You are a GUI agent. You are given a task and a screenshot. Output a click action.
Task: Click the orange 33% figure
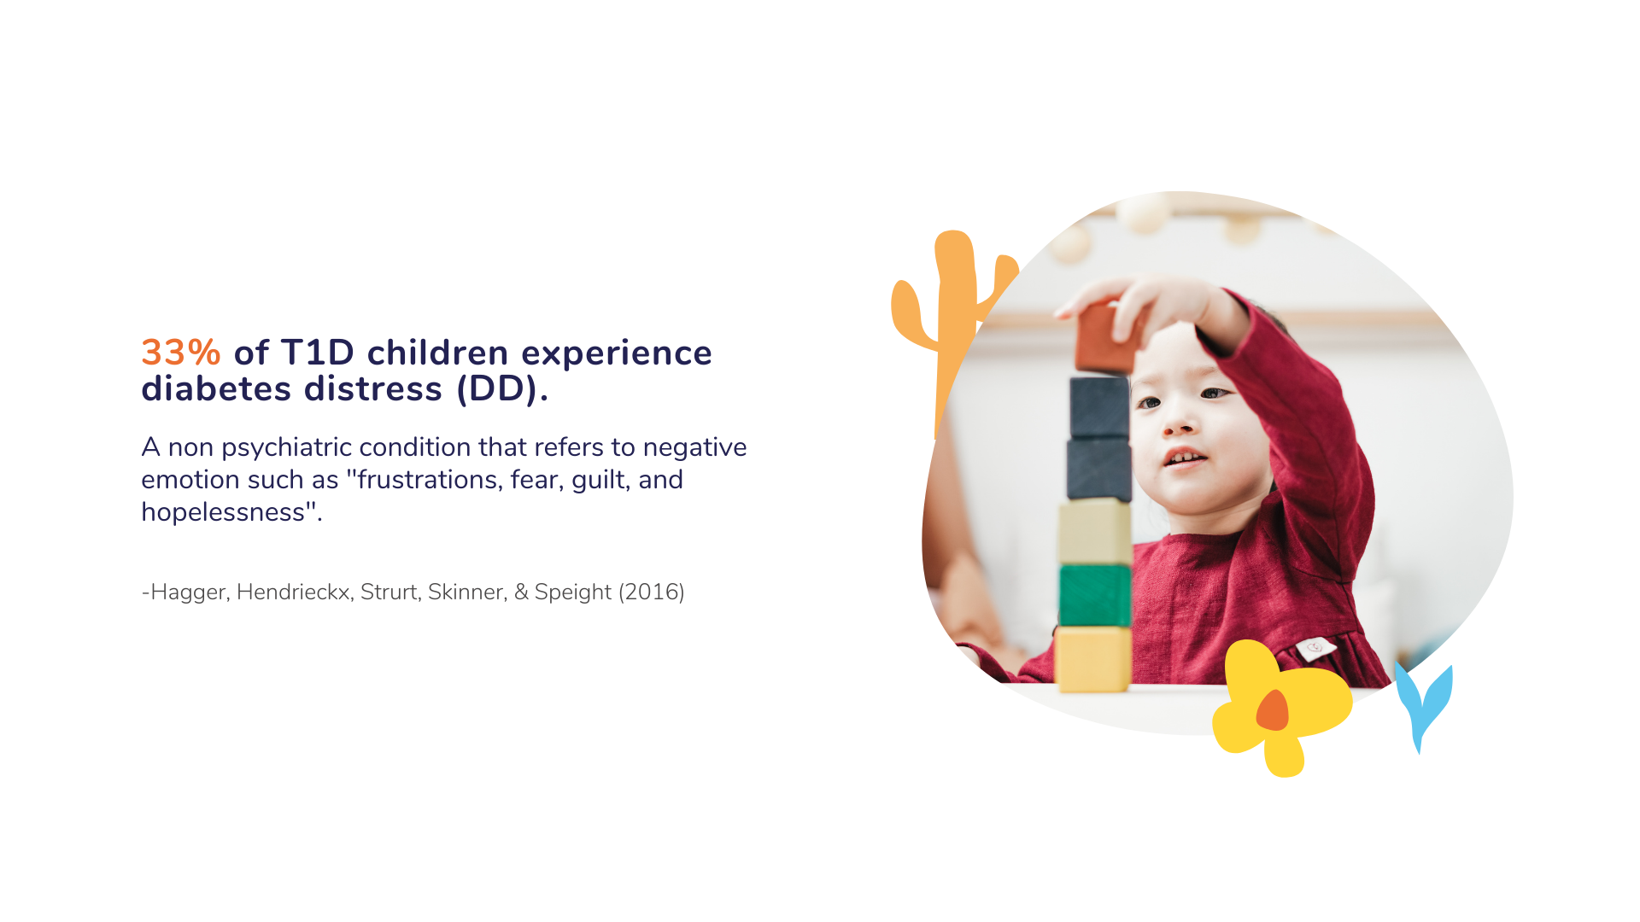(181, 353)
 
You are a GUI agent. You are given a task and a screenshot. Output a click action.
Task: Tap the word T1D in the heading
(317, 353)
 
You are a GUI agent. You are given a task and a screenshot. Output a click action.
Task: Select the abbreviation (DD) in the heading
(502, 389)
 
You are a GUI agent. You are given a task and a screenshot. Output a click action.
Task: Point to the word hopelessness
(223, 512)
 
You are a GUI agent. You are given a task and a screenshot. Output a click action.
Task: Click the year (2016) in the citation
(652, 592)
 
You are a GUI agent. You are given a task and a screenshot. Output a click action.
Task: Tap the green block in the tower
(1095, 595)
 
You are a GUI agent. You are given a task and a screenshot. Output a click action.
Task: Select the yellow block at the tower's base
(1093, 658)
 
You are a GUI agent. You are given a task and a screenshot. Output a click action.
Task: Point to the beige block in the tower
(1095, 532)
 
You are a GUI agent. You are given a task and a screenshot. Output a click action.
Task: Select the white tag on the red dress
(1315, 649)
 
